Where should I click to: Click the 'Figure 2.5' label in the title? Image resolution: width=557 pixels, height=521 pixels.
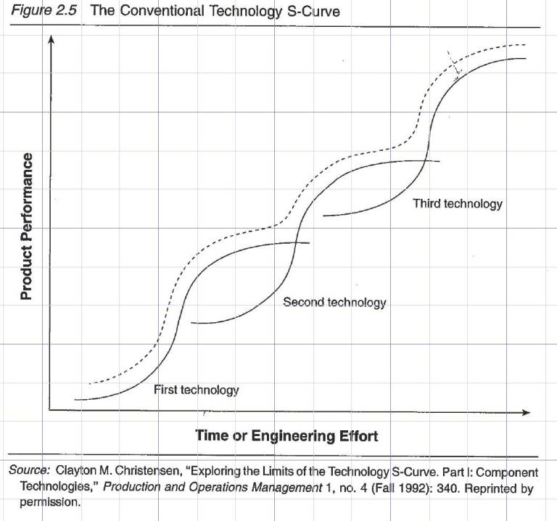42,12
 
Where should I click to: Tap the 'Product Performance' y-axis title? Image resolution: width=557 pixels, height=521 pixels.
26,226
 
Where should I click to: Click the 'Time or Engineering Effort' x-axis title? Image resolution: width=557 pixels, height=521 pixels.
286,435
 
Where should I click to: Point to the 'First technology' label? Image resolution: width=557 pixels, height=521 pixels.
196,390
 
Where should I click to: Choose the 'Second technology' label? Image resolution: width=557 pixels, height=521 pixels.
334,302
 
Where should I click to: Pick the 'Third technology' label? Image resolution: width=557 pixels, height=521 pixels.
458,203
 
